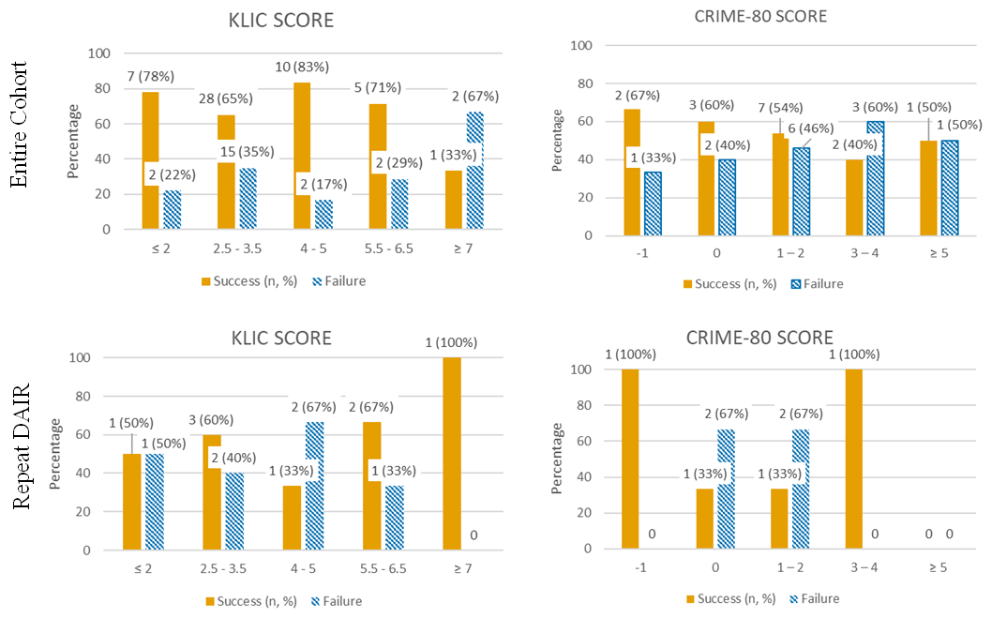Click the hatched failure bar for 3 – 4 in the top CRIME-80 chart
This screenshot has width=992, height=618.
click(876, 178)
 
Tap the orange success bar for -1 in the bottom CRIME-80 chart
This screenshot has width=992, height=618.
click(631, 459)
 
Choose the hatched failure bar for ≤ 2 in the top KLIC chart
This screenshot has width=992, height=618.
click(172, 209)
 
